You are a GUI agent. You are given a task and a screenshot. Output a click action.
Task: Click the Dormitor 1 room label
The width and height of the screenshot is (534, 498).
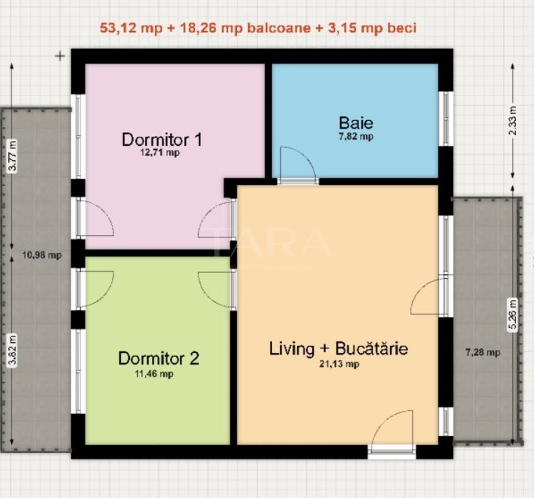tap(162, 139)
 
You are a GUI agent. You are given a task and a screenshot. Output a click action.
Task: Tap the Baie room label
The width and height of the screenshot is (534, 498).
tap(356, 122)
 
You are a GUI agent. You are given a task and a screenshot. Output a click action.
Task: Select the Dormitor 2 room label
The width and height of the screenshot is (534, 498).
tap(158, 358)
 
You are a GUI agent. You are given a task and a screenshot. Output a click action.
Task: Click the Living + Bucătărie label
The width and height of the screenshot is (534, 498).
tap(339, 349)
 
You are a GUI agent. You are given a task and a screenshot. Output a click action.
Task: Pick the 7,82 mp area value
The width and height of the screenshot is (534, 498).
tap(356, 136)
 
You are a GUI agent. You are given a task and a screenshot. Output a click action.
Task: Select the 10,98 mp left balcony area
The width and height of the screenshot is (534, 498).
tap(42, 255)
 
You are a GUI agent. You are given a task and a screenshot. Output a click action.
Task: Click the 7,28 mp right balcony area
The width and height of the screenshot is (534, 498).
tap(482, 352)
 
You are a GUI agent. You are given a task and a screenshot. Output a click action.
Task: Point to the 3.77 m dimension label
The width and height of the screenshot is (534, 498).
tap(13, 157)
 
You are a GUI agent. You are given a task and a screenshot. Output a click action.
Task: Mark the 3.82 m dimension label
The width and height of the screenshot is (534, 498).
tap(13, 350)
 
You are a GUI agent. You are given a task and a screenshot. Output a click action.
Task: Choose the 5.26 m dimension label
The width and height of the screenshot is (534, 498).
tap(512, 315)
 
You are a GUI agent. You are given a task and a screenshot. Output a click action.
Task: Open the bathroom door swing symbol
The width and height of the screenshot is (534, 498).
tap(297, 164)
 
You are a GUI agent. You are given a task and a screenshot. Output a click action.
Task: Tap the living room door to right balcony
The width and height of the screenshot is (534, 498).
tap(430, 298)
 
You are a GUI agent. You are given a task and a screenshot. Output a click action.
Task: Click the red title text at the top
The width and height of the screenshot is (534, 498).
tap(258, 28)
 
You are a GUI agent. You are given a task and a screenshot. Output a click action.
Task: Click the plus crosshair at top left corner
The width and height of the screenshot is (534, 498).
tap(60, 56)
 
